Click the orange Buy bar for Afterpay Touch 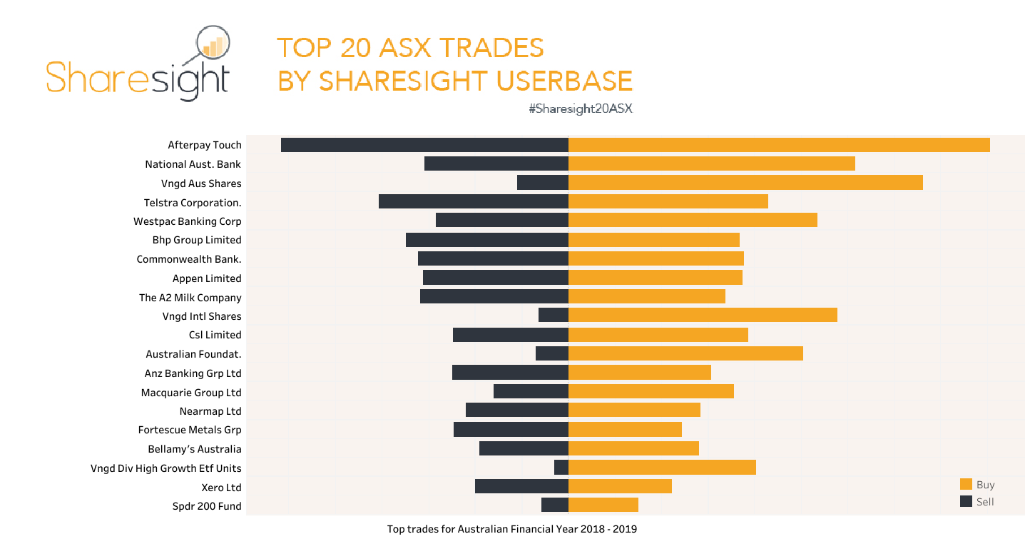[779, 145]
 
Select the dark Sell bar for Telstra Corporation [473, 201]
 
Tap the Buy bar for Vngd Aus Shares [745, 183]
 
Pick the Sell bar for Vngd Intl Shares [554, 316]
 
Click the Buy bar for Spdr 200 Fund [603, 505]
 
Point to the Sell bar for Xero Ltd [521, 487]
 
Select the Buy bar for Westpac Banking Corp [693, 221]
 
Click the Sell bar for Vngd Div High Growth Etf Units [561, 468]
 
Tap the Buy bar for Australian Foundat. [685, 353]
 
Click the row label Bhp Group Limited [197, 240]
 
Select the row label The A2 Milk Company [190, 297]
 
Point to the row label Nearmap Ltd [210, 411]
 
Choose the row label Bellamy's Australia [195, 449]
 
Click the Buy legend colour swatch [967, 484]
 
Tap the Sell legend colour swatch [967, 501]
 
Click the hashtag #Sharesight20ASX [581, 109]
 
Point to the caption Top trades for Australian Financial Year [511, 529]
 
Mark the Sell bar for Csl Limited [510, 335]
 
